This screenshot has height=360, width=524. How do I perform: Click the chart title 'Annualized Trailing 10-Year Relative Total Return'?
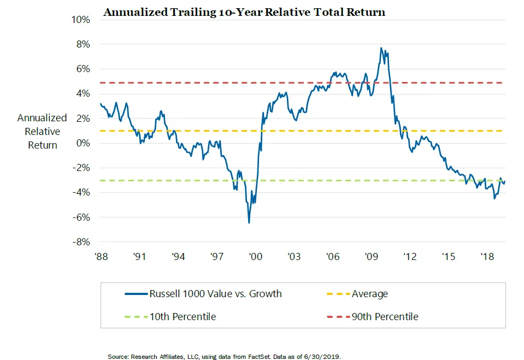[x=244, y=12]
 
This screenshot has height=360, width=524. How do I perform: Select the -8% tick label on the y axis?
[x=81, y=242]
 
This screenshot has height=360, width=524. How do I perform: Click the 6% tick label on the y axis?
[x=84, y=69]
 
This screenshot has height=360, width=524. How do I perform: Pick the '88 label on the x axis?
[x=101, y=256]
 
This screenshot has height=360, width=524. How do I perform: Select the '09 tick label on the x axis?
[x=372, y=256]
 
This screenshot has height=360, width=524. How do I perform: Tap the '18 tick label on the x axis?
[x=487, y=256]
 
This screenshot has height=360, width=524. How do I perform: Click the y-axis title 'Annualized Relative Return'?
[x=42, y=132]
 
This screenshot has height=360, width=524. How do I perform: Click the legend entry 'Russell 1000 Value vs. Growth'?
[x=215, y=294]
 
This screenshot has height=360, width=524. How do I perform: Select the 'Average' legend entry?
[x=369, y=294]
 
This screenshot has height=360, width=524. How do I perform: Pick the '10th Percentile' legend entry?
[x=182, y=317]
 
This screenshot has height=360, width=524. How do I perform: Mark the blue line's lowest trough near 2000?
[x=249, y=222]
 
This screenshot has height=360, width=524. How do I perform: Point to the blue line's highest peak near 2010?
[x=381, y=48]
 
